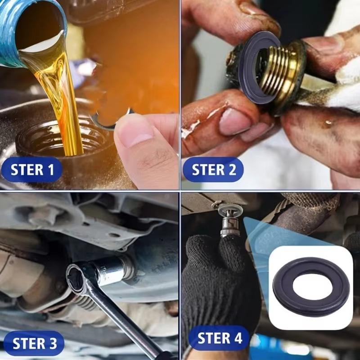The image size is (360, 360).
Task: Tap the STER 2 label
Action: [x=213, y=170]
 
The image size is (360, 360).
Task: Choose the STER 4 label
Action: [x=219, y=338]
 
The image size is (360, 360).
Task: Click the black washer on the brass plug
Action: [x=252, y=67]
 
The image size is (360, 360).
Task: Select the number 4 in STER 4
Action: [x=237, y=338]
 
